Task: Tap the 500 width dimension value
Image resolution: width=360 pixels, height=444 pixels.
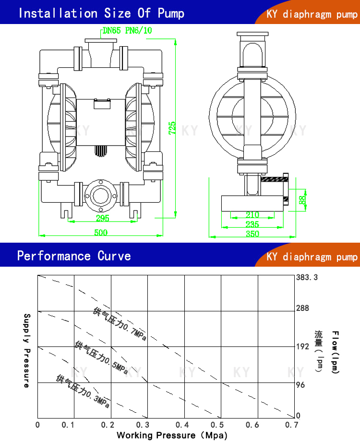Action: click(x=100, y=233)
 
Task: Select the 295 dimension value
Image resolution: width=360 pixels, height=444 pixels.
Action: click(x=102, y=218)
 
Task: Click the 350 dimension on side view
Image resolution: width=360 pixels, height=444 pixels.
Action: click(x=252, y=234)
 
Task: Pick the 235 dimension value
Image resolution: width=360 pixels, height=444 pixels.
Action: click(x=252, y=224)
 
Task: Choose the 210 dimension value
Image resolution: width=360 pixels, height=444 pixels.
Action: click(x=252, y=215)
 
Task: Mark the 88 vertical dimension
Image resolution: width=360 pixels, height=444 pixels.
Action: click(x=302, y=199)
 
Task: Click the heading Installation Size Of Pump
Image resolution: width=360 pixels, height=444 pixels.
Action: click(x=101, y=13)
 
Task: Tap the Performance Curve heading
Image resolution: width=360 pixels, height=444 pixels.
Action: click(x=74, y=256)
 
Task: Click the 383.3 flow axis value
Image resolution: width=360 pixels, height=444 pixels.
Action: click(x=307, y=278)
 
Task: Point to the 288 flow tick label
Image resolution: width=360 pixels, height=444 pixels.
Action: click(x=302, y=308)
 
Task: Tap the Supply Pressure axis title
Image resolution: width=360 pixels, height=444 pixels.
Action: click(x=27, y=350)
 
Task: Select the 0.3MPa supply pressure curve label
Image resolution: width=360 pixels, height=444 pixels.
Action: click(x=83, y=391)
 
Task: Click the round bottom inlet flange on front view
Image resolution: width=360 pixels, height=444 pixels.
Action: click(x=100, y=195)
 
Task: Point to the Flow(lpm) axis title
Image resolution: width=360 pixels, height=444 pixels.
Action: click(x=336, y=352)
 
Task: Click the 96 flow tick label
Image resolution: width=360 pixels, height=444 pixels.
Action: click(x=300, y=385)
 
